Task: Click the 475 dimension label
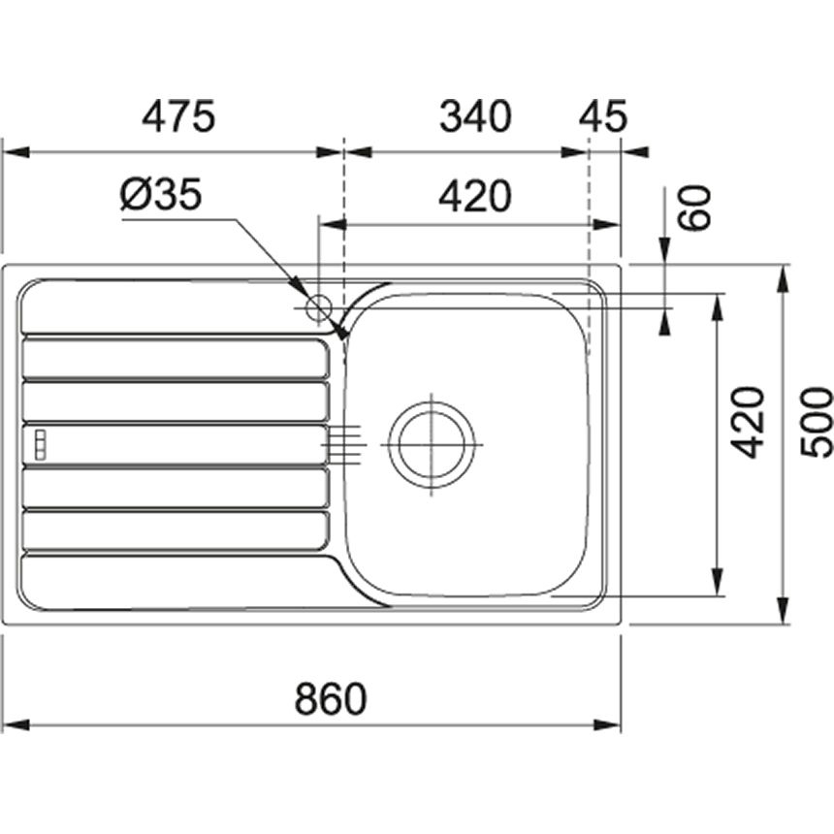tap(178, 116)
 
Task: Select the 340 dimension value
tap(475, 116)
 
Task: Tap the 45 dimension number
tap(603, 116)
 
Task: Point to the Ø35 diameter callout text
tap(161, 194)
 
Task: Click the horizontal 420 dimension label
tap(475, 196)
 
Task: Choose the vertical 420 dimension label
tap(747, 424)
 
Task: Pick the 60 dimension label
tap(694, 208)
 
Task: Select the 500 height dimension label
tap(817, 422)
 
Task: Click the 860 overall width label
tap(331, 698)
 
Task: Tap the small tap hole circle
tap(319, 308)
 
